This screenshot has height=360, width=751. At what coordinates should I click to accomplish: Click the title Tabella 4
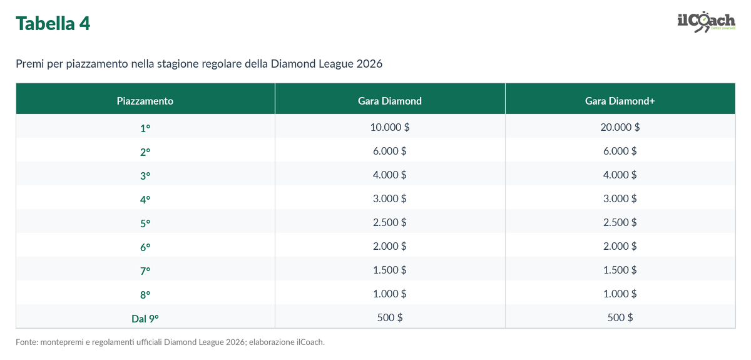(x=53, y=24)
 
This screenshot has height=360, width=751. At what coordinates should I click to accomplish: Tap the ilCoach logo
(x=707, y=22)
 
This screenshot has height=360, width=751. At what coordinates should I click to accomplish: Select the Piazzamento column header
(x=145, y=101)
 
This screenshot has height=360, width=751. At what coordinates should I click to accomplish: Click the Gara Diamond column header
(x=390, y=101)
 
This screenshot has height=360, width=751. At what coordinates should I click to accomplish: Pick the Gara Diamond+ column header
(x=620, y=101)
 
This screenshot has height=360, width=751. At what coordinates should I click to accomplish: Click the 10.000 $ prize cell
(x=390, y=127)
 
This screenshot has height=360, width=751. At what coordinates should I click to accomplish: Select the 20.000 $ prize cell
(x=620, y=127)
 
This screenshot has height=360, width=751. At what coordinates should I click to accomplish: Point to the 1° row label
(x=145, y=128)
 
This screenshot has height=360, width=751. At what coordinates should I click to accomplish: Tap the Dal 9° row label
(x=145, y=319)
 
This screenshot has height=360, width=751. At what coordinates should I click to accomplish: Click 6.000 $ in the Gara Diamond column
(x=390, y=151)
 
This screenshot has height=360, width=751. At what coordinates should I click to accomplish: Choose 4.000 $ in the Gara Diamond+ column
(x=620, y=175)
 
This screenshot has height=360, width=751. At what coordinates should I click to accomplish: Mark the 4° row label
(x=145, y=200)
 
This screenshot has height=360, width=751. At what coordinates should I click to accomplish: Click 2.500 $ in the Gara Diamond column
(x=390, y=222)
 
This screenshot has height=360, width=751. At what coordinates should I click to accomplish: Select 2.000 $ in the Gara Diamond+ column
(x=620, y=246)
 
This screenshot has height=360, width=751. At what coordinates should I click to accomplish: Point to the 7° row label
(x=145, y=270)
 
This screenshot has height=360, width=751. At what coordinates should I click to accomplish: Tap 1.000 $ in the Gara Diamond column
(x=390, y=294)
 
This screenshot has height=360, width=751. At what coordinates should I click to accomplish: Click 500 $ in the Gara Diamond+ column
(x=620, y=317)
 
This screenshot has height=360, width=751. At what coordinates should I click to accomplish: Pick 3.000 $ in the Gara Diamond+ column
(x=620, y=198)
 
